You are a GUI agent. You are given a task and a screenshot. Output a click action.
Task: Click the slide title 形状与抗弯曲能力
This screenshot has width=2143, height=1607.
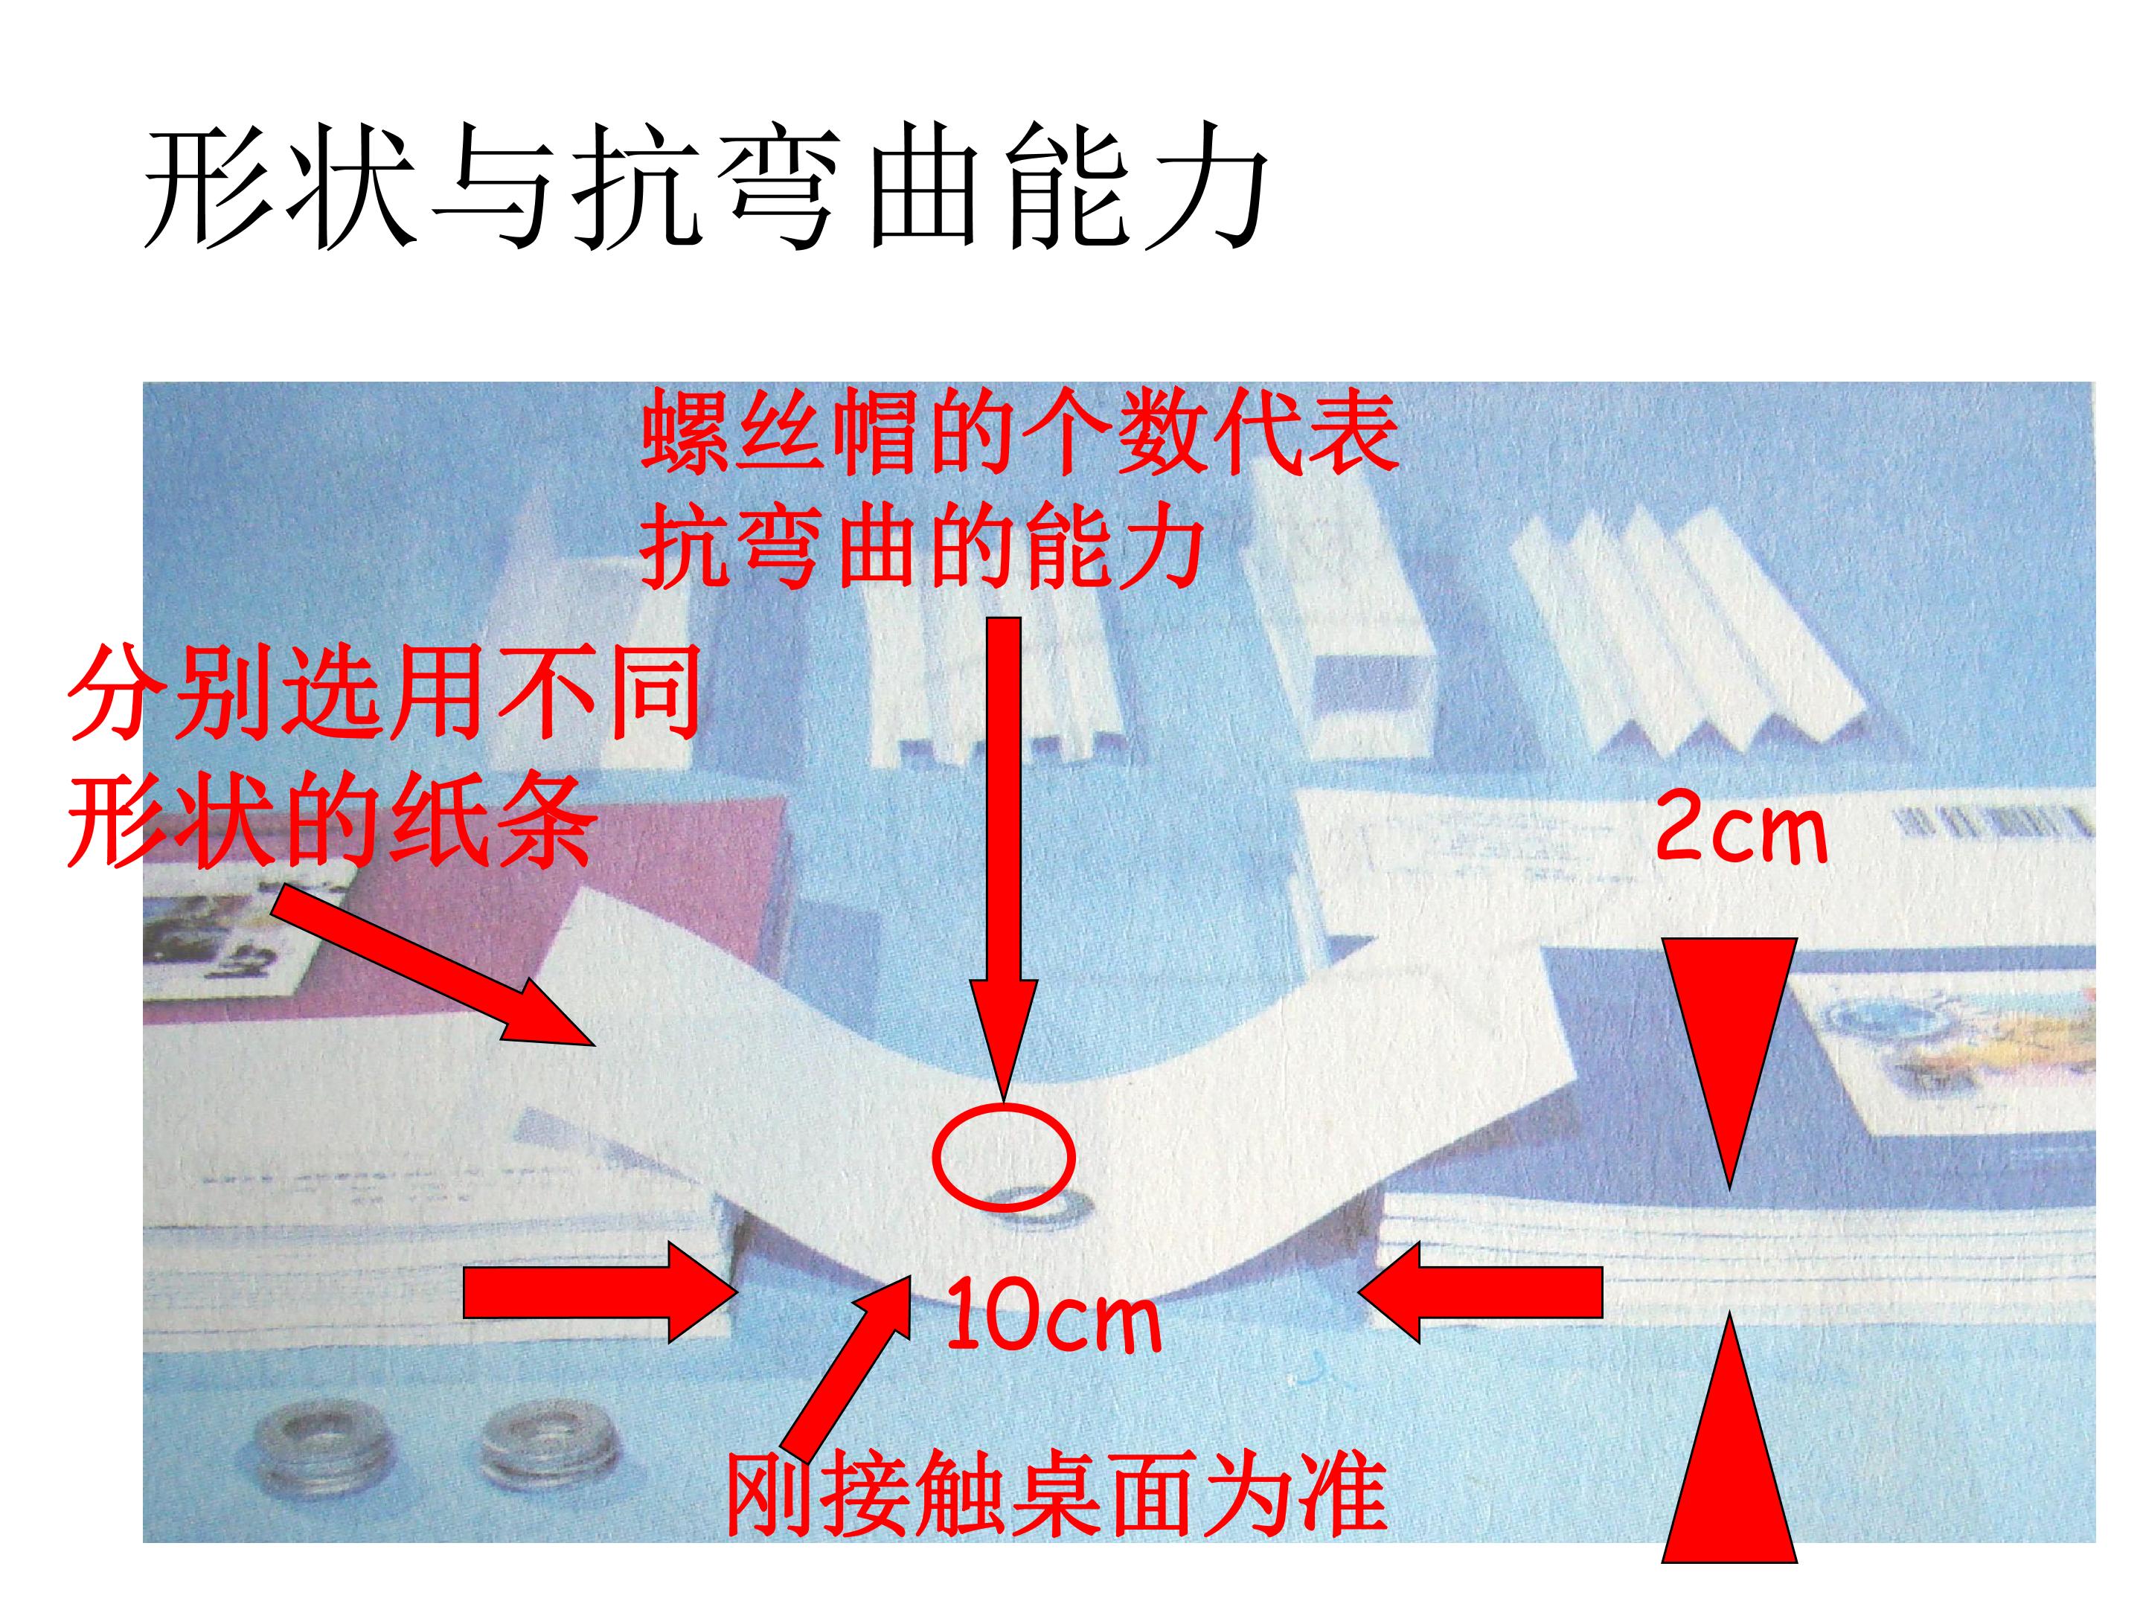(706, 186)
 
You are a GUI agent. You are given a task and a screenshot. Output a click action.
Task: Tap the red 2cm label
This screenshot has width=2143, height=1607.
(1741, 827)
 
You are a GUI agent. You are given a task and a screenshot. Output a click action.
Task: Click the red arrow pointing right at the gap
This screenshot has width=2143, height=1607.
(598, 1292)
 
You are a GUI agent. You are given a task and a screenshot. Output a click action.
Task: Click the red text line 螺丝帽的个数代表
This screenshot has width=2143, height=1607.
(1019, 432)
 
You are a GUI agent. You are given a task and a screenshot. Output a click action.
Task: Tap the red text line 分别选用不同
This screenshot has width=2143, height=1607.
(385, 693)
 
